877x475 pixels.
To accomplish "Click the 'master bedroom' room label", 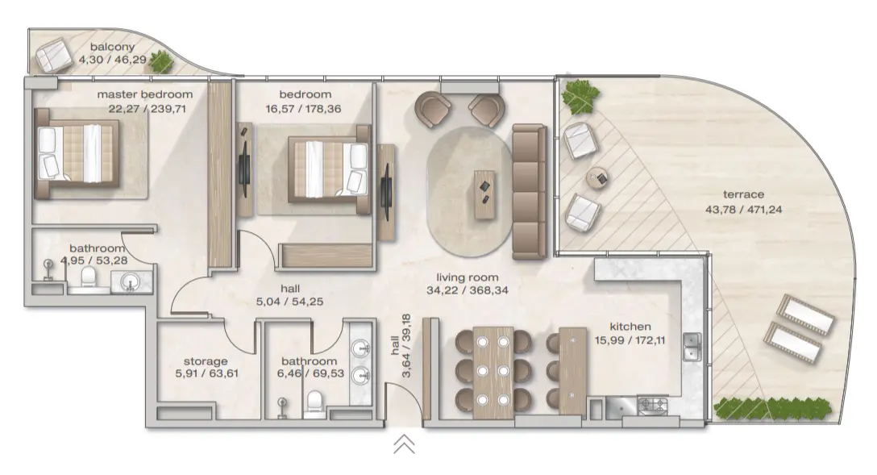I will (x=145, y=94).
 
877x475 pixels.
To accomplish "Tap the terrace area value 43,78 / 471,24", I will (x=742, y=209).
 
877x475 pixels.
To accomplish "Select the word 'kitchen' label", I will (x=630, y=327).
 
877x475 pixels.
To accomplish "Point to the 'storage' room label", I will (x=206, y=361).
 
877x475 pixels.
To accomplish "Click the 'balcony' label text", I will (x=113, y=47).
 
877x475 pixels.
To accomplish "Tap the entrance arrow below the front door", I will (x=404, y=444).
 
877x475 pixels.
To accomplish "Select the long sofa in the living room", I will (x=530, y=191).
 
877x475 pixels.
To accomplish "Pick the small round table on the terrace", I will (x=598, y=177).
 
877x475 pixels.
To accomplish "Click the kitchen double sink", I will (x=692, y=347).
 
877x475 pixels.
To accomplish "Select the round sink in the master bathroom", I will (x=129, y=281).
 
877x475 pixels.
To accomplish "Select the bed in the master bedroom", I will (x=78, y=152).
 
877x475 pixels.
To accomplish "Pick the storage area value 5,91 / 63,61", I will (x=206, y=373).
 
